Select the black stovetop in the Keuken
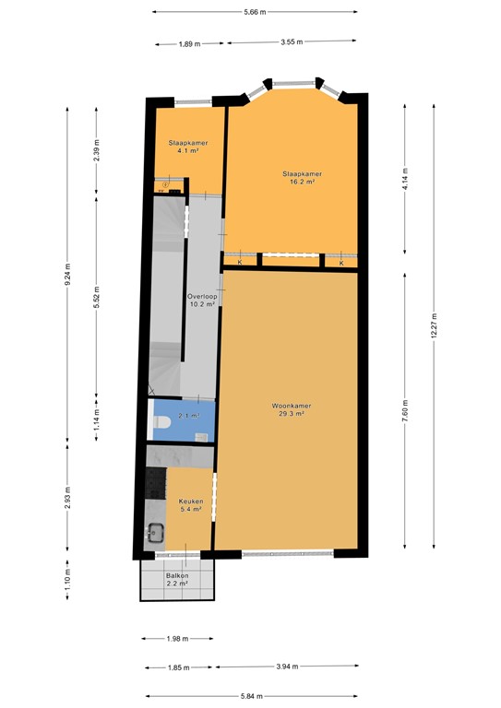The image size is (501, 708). [x=153, y=483]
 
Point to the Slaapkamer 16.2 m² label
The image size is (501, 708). [x=301, y=178]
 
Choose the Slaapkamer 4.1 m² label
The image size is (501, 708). [x=187, y=147]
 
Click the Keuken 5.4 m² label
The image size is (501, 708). [x=191, y=505]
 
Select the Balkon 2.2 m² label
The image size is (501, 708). [x=179, y=580]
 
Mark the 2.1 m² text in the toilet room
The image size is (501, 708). [x=188, y=416]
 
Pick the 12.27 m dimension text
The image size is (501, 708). [x=435, y=327]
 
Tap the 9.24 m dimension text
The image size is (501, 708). [x=66, y=289]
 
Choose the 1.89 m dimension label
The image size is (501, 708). [x=189, y=43]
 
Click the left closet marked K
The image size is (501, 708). [x=240, y=262]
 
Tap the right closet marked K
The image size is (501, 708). [x=341, y=262]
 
